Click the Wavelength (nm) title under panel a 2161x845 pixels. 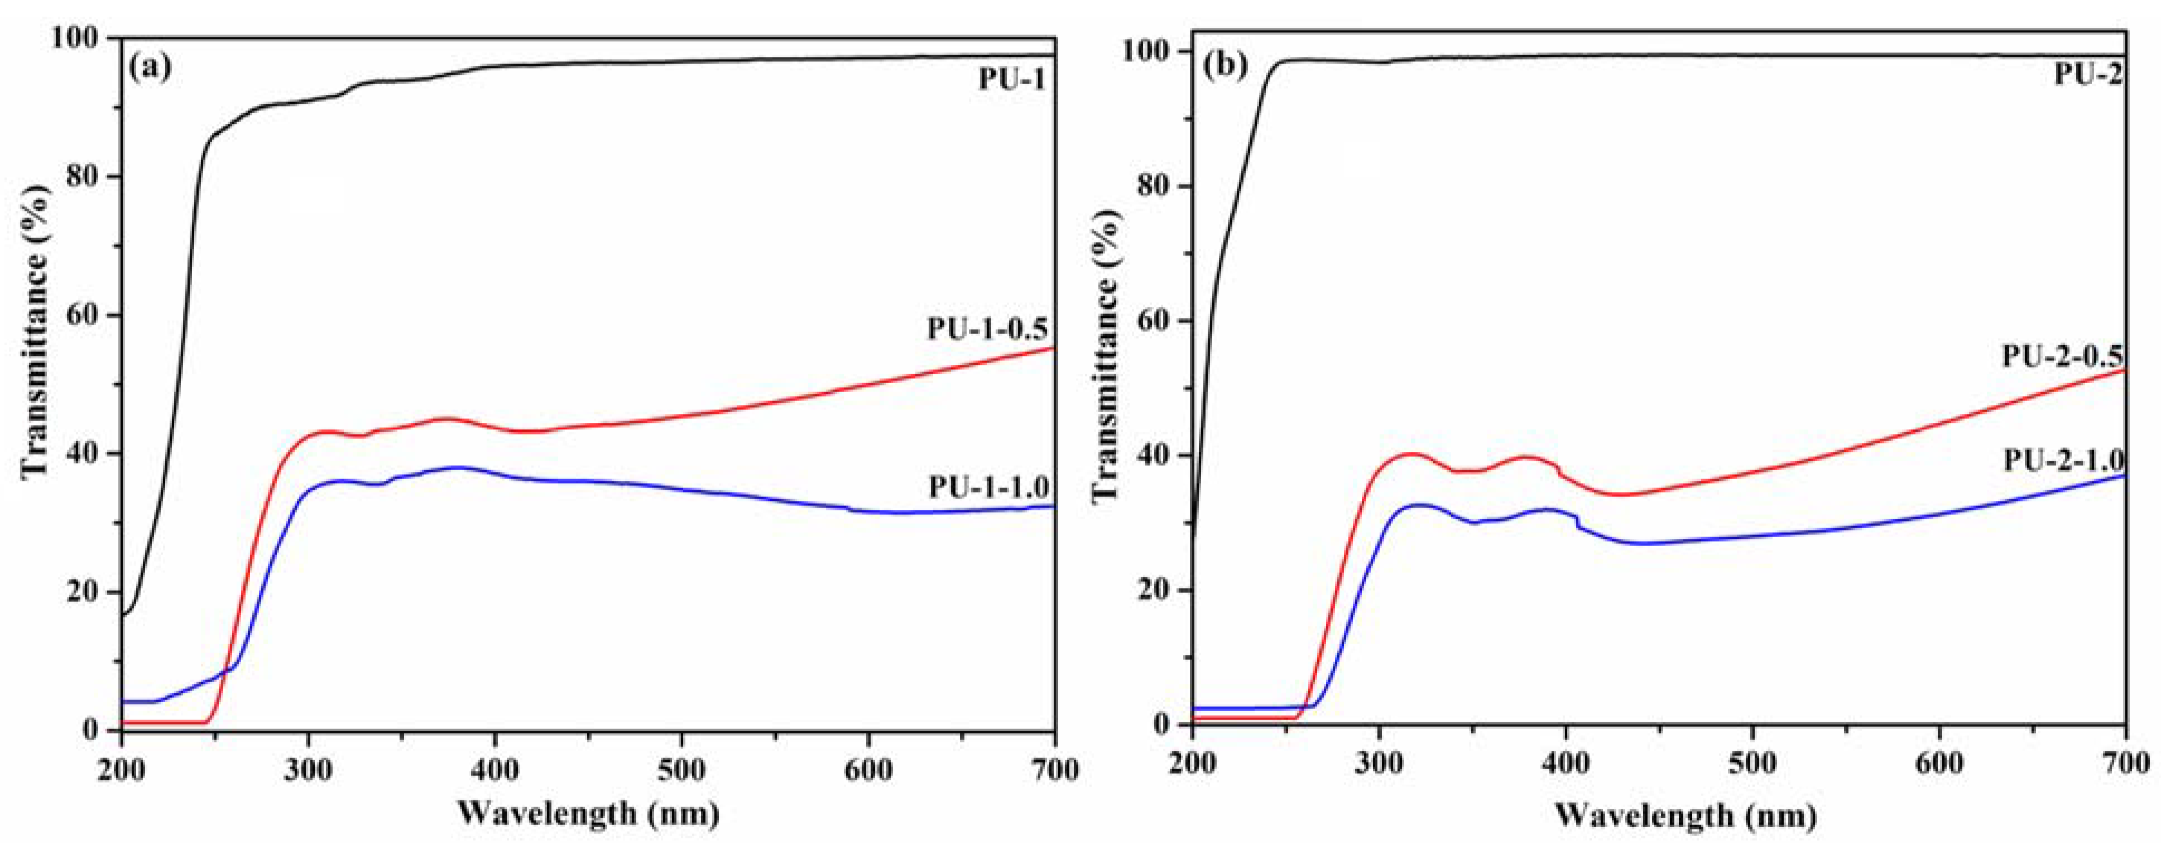(x=588, y=813)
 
